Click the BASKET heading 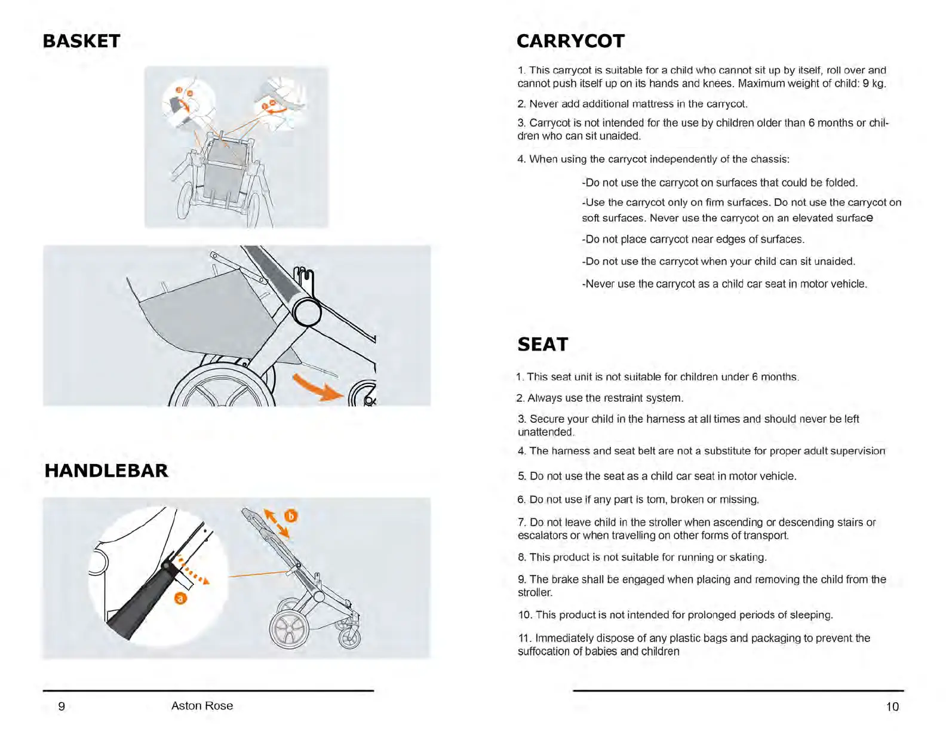click(81, 41)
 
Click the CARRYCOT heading click(570, 41)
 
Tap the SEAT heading click(542, 345)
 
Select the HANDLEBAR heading click(106, 471)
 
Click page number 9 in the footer click(62, 707)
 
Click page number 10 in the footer click(892, 707)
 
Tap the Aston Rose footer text click(202, 706)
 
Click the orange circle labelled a click(180, 598)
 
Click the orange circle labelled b click(291, 515)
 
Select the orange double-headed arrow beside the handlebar click(277, 523)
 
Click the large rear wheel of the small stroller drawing click(289, 629)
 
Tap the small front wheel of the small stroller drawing click(350, 638)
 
